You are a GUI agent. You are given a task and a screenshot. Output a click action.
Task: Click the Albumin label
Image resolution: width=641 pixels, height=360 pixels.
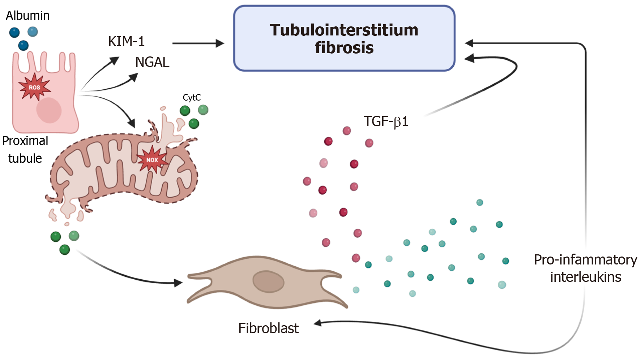coord(27,16)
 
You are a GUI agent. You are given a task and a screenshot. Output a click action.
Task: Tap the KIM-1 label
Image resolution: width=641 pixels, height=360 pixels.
coord(127,42)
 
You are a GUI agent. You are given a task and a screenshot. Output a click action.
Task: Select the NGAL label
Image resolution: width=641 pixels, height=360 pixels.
coord(152,62)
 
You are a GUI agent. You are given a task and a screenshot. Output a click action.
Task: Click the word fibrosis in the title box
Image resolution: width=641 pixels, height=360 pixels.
coord(344,48)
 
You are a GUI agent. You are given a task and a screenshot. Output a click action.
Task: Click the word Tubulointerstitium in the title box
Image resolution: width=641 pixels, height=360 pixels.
coord(344,30)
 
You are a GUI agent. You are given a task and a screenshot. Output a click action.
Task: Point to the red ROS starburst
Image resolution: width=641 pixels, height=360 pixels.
coord(34,87)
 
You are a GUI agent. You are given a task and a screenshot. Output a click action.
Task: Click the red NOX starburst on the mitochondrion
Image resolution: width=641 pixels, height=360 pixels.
coord(152,160)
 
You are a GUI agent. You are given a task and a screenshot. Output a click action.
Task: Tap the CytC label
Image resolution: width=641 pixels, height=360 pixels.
coord(192,97)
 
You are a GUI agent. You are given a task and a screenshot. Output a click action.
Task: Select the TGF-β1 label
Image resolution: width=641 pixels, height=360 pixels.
coord(386,122)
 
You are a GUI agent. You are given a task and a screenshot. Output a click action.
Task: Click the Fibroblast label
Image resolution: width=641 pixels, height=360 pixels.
coord(268,328)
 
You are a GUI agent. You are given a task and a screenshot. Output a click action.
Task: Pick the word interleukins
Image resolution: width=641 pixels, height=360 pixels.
coord(585,277)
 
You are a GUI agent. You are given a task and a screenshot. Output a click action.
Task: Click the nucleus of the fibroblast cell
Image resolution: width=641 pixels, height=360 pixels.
coord(268,281)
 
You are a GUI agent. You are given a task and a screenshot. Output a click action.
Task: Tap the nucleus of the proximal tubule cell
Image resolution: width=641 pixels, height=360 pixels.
coord(49,110)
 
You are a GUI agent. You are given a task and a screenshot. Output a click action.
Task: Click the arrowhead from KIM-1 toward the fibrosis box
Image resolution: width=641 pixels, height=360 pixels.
coord(220,43)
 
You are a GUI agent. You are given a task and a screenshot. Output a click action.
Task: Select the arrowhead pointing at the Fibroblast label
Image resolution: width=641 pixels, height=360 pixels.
coord(318,323)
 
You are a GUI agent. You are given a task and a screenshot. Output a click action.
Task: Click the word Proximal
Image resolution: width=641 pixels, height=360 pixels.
coord(25,141)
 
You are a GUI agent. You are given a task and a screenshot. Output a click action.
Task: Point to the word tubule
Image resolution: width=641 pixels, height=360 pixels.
coord(25,158)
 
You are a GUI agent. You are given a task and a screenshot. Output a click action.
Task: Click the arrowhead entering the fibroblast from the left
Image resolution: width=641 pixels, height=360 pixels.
coord(179,283)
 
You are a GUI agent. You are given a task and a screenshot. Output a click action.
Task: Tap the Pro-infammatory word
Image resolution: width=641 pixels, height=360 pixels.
coord(585,260)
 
